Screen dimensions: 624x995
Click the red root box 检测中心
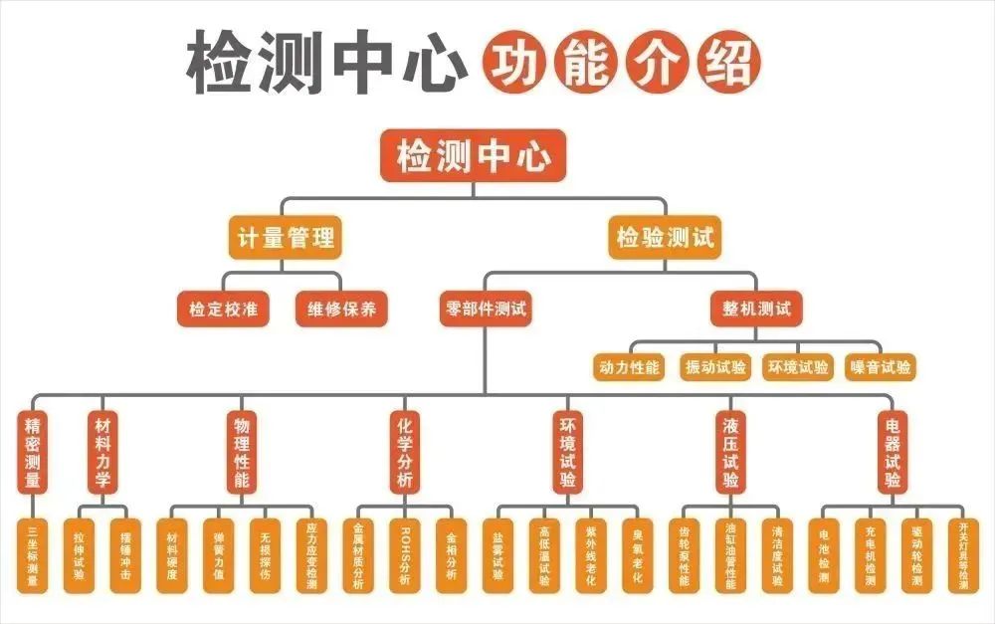pyautogui.click(x=473, y=156)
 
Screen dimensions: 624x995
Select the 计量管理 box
pyautogui.click(x=286, y=239)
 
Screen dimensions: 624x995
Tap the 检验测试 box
pyautogui.click(x=664, y=239)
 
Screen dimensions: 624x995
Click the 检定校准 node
pyautogui.click(x=223, y=309)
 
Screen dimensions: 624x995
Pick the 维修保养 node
pyautogui.click(x=340, y=309)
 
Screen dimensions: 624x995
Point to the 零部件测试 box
pyautogui.click(x=486, y=309)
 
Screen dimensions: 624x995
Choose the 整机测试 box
pyautogui.click(x=756, y=309)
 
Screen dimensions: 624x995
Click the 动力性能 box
pyautogui.click(x=630, y=367)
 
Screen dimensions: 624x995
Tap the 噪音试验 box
pyautogui.click(x=881, y=367)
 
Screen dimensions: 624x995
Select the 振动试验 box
pyautogui.click(x=714, y=367)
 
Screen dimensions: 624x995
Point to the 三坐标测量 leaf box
pyautogui.click(x=33, y=555)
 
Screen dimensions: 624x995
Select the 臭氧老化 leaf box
pyautogui.click(x=637, y=555)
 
